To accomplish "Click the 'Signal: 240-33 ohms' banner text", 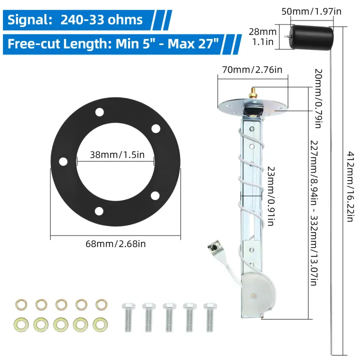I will tap(75, 20).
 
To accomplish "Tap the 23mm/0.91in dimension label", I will tap(270, 196).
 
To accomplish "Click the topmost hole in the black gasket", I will tap(100, 111).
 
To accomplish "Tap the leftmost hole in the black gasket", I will tap(63, 161).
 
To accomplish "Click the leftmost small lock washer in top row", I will tap(21, 304).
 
